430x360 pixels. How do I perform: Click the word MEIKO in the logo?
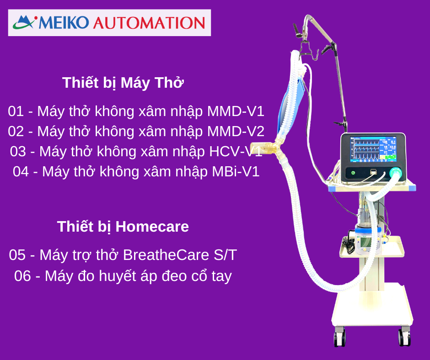click(x=64, y=22)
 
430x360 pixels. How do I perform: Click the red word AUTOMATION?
click(x=149, y=23)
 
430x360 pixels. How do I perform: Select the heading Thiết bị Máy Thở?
click(x=123, y=83)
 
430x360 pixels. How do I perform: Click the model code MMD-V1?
click(x=236, y=111)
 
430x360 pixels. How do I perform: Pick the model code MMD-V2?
click(x=236, y=131)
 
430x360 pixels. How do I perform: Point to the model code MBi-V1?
click(x=236, y=171)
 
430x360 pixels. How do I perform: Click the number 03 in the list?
click(x=18, y=152)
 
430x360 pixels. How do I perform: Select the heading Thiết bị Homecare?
click(x=123, y=227)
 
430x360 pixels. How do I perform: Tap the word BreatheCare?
click(x=166, y=255)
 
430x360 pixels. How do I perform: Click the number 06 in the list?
click(x=22, y=276)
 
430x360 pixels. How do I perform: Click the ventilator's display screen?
click(x=373, y=149)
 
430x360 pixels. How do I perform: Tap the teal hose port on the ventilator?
click(x=395, y=173)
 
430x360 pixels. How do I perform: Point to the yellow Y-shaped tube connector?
click(x=268, y=148)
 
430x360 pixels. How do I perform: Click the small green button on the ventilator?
click(x=353, y=173)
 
